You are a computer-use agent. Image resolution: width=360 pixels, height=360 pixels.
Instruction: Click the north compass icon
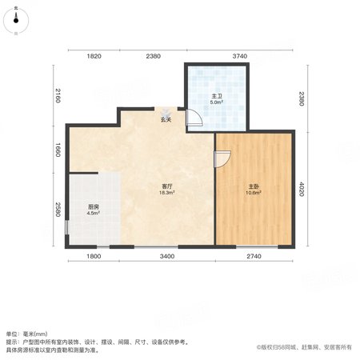pos(16,21)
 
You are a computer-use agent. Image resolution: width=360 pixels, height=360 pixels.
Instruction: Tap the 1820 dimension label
pos(94,56)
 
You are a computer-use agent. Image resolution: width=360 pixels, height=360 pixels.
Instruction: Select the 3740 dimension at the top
pos(240,56)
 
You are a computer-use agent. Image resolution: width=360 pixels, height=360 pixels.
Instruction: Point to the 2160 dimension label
pos(58,95)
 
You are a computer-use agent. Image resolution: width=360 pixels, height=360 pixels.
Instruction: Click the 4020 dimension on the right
pos(302,189)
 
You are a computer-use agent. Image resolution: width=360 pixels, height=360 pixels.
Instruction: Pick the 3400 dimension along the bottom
pos(167,256)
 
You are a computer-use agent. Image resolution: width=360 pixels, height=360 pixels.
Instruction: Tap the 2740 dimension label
pos(254,256)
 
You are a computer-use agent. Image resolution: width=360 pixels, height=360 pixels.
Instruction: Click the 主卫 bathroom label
pos(217,96)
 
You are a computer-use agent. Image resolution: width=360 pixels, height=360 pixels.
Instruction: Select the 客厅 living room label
pos(167,186)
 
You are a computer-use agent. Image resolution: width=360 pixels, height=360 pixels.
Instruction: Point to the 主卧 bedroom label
pos(254,186)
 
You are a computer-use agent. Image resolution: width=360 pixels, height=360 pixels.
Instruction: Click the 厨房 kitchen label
pos(94,206)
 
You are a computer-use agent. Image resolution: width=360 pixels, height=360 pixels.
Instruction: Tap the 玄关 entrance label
pos(166,120)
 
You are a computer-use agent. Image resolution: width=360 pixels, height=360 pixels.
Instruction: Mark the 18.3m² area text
pos(167,193)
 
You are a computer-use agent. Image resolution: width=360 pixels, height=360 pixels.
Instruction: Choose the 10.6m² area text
pos(254,193)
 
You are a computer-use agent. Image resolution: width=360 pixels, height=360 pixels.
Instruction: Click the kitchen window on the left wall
pos(66,227)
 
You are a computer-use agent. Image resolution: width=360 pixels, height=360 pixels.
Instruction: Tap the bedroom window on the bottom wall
pos(257,246)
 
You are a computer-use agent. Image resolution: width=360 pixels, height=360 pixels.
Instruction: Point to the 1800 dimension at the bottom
pos(94,256)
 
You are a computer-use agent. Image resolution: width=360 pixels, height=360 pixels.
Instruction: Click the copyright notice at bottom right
pos(304,347)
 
